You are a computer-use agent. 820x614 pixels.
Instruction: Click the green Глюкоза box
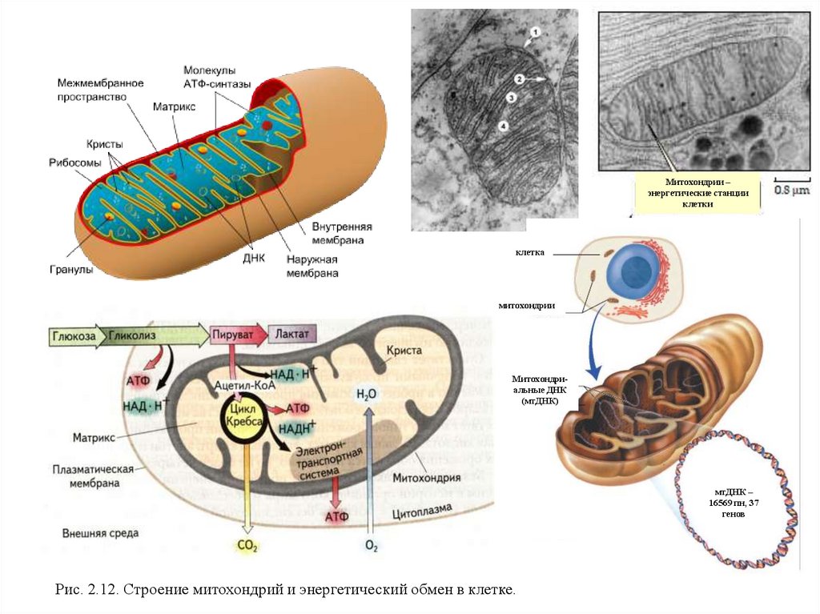pyautogui.click(x=76, y=336)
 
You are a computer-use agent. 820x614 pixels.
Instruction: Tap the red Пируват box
pyautogui.click(x=235, y=334)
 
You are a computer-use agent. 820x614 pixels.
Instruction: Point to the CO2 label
pyautogui.click(x=246, y=546)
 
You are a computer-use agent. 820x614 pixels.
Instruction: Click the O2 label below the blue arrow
pyautogui.click(x=370, y=547)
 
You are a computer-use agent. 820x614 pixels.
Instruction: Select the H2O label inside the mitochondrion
pyautogui.click(x=366, y=393)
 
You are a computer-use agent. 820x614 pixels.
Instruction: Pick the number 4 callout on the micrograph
pyautogui.click(x=502, y=126)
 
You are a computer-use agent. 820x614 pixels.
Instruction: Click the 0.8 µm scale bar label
pyautogui.click(x=792, y=191)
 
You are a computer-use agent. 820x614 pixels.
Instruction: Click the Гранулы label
pyautogui.click(x=71, y=270)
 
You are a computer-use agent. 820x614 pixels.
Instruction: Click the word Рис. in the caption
pyautogui.click(x=70, y=590)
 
